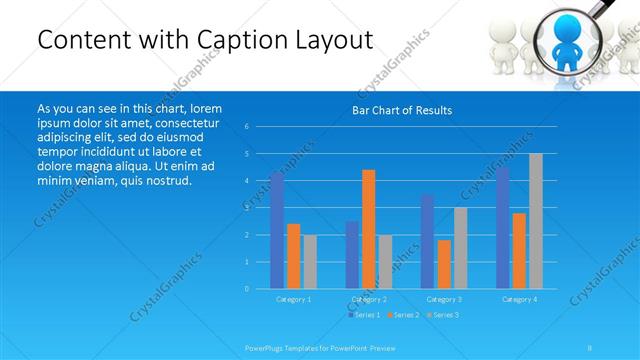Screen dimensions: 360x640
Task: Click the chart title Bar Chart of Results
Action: point(401,110)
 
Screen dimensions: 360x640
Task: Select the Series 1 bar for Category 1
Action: point(277,231)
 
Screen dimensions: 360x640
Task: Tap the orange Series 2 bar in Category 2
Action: point(369,229)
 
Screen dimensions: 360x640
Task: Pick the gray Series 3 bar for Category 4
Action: point(536,221)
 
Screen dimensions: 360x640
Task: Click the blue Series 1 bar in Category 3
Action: point(428,242)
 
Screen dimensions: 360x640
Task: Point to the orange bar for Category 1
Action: point(293,256)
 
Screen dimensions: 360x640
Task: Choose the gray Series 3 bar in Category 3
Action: point(460,248)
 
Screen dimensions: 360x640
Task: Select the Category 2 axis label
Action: point(368,299)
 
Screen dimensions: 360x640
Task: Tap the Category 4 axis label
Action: point(519,299)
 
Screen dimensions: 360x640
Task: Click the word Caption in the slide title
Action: point(244,40)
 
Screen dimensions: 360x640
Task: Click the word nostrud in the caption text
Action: point(165,180)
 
